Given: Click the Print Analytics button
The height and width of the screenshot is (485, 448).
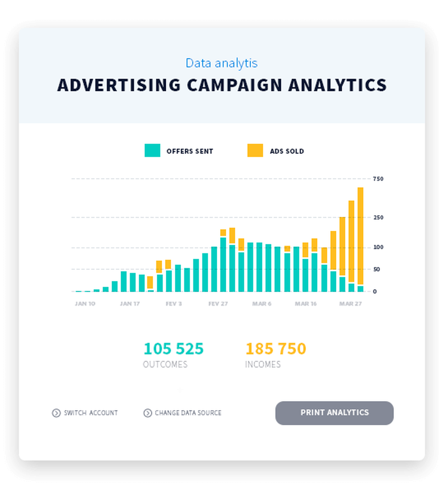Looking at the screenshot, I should pyautogui.click(x=334, y=413).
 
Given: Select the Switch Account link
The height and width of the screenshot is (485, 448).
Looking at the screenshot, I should pyautogui.click(x=90, y=413).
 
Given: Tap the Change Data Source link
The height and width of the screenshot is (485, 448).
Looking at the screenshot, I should pyautogui.click(x=188, y=413).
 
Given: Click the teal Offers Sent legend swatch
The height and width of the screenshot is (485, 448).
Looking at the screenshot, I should pyautogui.click(x=152, y=151).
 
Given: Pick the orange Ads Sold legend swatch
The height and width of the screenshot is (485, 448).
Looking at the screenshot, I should pyautogui.click(x=255, y=151).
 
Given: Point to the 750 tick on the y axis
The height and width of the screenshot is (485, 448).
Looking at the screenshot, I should pyautogui.click(x=378, y=179).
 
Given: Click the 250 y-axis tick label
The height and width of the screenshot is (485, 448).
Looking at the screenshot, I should pyautogui.click(x=378, y=217).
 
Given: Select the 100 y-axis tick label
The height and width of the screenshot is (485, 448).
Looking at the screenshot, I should pyautogui.click(x=378, y=247).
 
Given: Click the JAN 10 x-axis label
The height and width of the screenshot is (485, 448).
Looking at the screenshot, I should pyautogui.click(x=85, y=303).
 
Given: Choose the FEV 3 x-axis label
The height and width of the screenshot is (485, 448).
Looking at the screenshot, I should pyautogui.click(x=174, y=303).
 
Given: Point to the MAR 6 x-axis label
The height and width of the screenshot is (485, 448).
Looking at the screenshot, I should pyautogui.click(x=262, y=303).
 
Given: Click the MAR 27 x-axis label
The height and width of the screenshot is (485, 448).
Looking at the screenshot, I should pyautogui.click(x=350, y=303).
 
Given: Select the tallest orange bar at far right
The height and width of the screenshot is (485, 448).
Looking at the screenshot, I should pyautogui.click(x=360, y=235).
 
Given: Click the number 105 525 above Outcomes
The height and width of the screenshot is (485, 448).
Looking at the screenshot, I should pyautogui.click(x=173, y=348).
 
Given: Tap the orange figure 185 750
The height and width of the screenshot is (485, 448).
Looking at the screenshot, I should pyautogui.click(x=276, y=348).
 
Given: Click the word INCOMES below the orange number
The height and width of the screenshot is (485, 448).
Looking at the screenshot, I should pyautogui.click(x=263, y=364).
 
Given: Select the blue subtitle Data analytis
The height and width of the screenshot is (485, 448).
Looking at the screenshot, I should pyautogui.click(x=222, y=63).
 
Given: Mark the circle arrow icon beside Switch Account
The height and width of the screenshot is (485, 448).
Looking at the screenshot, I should pyautogui.click(x=56, y=413).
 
